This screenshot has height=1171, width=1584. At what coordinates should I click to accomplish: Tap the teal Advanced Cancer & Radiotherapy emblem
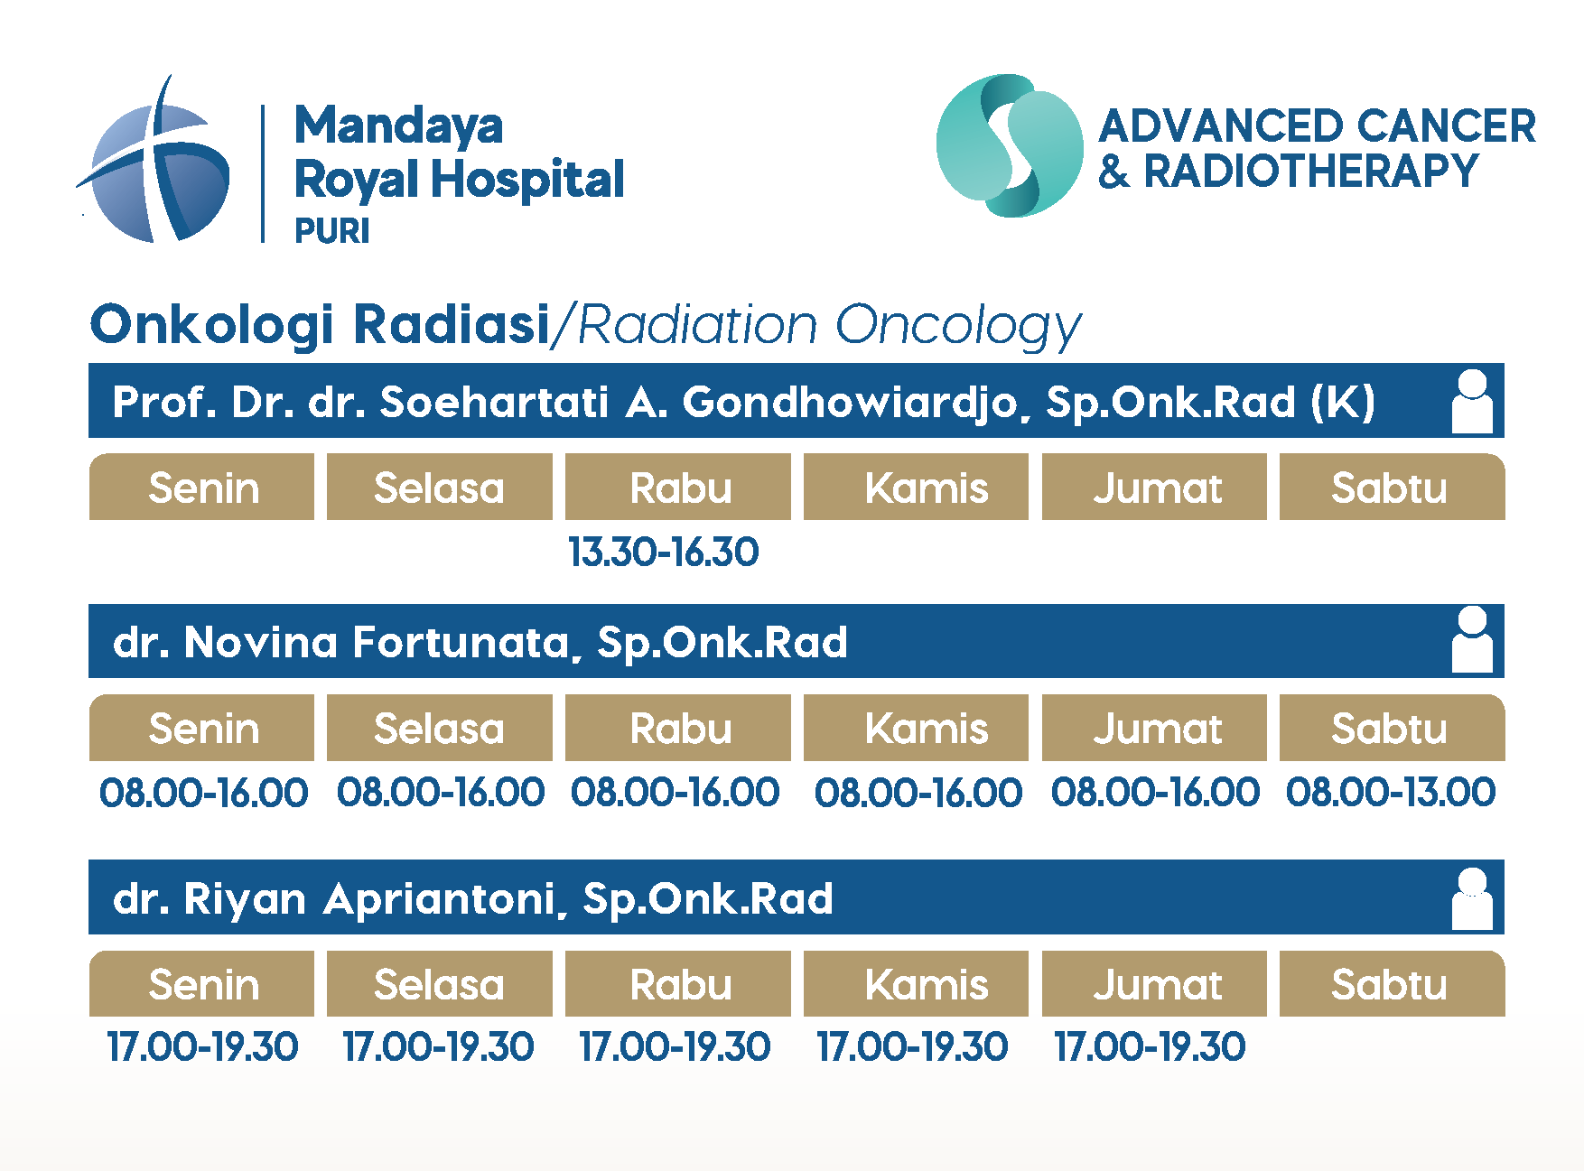tap(1010, 145)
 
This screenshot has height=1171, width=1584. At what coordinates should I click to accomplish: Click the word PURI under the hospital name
tap(332, 231)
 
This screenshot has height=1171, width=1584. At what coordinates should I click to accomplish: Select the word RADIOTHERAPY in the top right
tap(1311, 171)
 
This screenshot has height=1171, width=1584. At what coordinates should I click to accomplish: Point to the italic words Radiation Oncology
tap(829, 326)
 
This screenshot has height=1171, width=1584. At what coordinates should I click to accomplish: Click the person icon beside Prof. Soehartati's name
tap(1472, 402)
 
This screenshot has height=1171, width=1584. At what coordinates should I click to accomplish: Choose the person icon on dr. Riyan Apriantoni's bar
tap(1472, 898)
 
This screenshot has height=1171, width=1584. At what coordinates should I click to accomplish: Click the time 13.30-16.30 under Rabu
tap(664, 552)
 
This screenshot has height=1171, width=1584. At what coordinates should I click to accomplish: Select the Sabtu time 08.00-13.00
tap(1391, 792)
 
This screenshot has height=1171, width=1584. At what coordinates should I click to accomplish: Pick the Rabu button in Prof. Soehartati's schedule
tap(678, 487)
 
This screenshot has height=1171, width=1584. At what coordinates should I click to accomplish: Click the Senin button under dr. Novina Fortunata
tap(202, 728)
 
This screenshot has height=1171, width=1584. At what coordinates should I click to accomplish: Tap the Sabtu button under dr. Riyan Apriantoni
tap(1392, 983)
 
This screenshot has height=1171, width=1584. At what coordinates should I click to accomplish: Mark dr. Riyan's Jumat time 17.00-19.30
tap(1151, 1046)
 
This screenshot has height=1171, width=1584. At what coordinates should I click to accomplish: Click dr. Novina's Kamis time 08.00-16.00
tap(918, 792)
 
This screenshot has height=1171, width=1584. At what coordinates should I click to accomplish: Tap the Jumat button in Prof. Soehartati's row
tap(1154, 487)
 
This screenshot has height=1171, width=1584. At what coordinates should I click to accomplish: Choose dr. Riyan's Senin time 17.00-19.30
tap(202, 1046)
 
